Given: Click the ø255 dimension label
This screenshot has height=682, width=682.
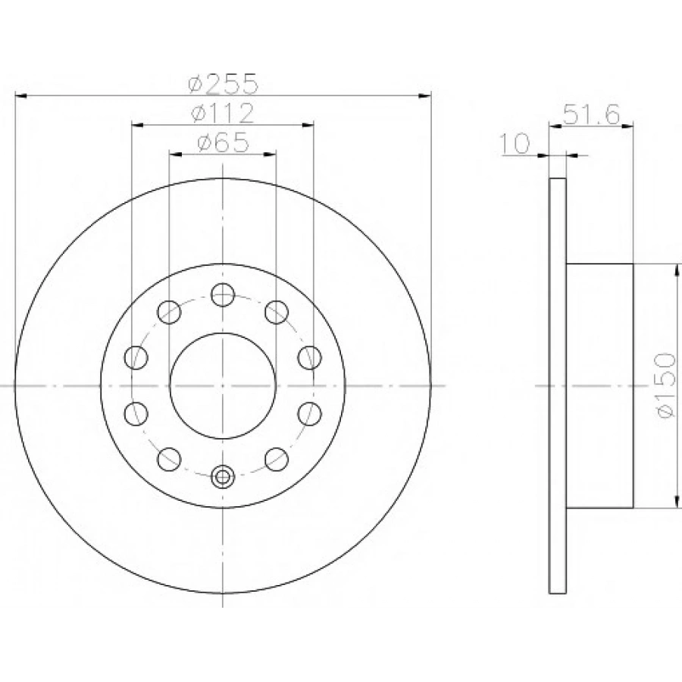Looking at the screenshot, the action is pos(224,84).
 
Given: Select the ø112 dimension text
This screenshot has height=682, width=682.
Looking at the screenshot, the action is pos(222,113).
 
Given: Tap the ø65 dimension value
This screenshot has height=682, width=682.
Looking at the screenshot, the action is pos(223,142).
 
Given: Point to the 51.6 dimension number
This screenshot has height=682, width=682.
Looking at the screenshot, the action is pos(591,115).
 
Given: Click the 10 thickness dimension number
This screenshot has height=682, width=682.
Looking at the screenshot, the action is pos(515,143).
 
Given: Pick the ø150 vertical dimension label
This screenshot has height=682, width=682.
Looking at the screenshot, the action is pos(666,386).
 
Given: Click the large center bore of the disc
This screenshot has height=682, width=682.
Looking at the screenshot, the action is pos(223,386).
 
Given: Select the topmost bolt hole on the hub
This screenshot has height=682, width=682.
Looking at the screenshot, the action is pos(223,295).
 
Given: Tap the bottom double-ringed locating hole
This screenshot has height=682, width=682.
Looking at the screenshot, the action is pos(223,477).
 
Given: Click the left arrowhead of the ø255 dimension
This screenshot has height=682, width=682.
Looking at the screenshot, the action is pos(21,95).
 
